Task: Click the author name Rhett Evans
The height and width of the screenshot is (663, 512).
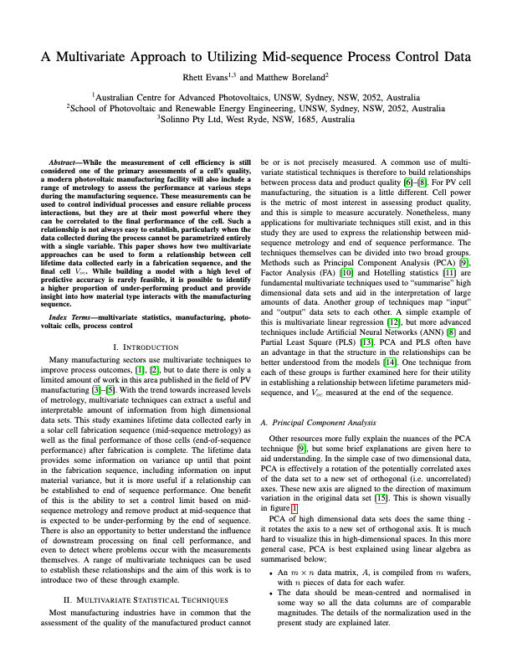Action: coord(212,78)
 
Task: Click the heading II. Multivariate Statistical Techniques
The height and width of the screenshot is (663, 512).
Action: coord(144,554)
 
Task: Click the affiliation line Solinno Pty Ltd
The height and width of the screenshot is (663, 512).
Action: coord(256,120)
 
